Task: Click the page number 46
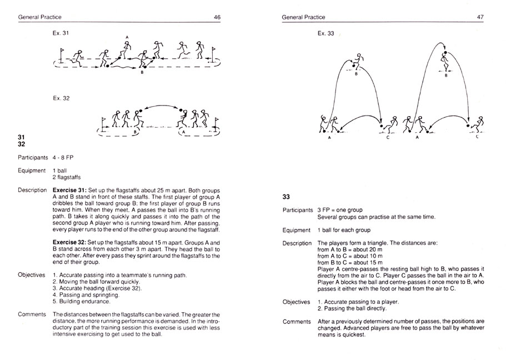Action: pos(217,18)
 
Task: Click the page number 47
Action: pos(480,18)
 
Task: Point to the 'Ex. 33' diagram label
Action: pos(325,34)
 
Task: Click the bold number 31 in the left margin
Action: pos(21,137)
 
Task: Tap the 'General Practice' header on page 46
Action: pos(39,18)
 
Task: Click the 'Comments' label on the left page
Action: pos(31,314)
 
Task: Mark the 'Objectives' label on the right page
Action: pos(296,302)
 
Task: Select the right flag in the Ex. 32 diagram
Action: pos(218,122)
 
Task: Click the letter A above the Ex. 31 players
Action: pos(127,38)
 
